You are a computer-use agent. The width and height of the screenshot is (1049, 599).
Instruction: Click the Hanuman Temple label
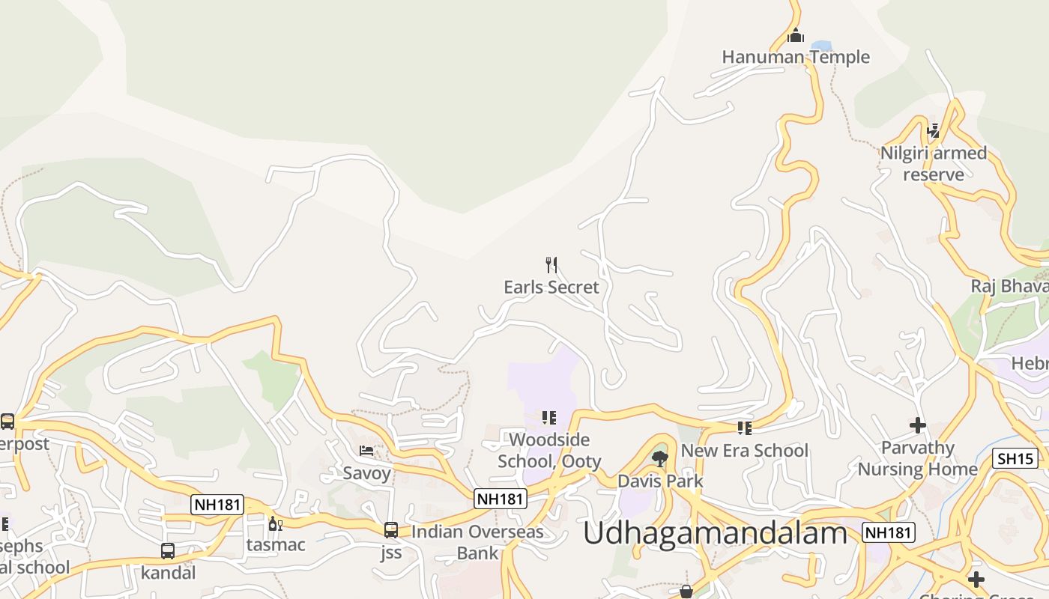pos(796,57)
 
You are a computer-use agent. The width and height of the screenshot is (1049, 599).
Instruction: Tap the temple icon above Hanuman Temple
pos(796,35)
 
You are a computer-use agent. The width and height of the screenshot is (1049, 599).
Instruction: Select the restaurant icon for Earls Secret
pos(551,264)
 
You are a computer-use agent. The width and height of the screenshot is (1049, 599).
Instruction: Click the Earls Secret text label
pos(551,287)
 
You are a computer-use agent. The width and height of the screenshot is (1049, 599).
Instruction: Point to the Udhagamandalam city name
pos(715,534)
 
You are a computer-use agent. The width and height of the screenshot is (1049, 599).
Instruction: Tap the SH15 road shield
pos(1015,459)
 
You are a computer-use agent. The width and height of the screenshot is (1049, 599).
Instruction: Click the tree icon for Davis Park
pos(660,458)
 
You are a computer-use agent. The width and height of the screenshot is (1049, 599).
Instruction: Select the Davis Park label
pos(660,481)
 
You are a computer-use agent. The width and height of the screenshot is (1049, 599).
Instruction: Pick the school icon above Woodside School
pos(549,418)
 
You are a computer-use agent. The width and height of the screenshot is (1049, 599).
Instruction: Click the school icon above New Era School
pos(744,428)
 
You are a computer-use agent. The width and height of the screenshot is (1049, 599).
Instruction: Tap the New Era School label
pos(744,451)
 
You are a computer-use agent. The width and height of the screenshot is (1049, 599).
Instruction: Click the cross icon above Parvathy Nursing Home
pos(918,425)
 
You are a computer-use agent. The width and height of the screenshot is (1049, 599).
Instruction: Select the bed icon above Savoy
pos(366,451)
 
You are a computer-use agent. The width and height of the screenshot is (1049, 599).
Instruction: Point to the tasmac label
pos(276,545)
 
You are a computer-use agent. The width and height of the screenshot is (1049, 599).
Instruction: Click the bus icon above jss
pos(391,530)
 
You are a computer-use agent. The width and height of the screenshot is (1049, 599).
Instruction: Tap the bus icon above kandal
pos(168,551)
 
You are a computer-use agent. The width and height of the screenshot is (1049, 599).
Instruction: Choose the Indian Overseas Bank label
pos(478,543)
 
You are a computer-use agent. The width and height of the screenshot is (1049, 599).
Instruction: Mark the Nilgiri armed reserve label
pos(934,164)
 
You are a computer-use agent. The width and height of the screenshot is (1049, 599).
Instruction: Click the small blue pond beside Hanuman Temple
pos(821,46)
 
